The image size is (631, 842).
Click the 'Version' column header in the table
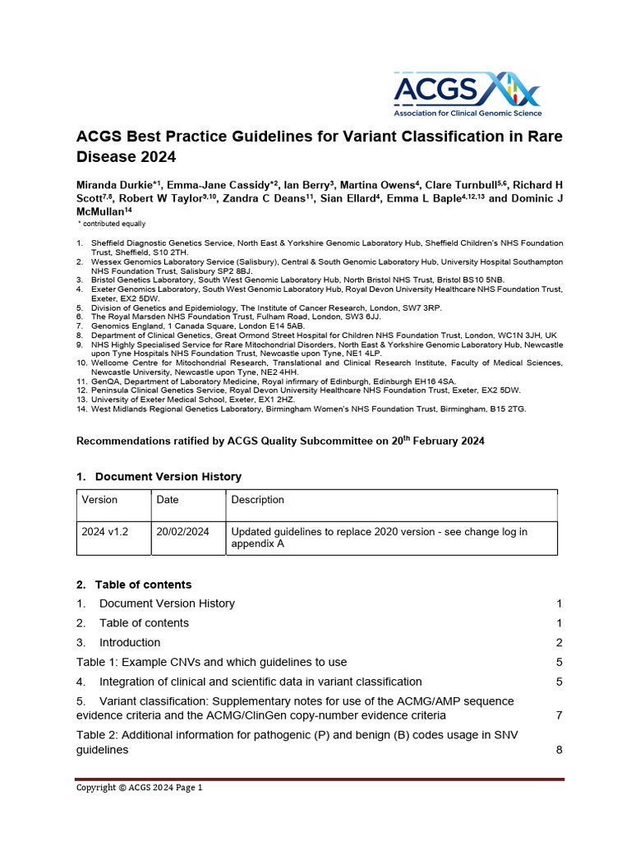(x=99, y=500)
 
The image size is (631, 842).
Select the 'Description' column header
(x=257, y=500)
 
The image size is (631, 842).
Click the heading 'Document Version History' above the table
(x=168, y=477)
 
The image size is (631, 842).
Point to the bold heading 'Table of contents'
(x=143, y=585)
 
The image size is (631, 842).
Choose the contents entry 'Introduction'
(x=130, y=642)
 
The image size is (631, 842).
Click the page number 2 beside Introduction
(x=559, y=642)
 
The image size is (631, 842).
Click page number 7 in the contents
(x=559, y=715)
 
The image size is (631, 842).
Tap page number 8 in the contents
(x=559, y=750)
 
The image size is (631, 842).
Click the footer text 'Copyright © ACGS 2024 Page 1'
(x=139, y=788)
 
